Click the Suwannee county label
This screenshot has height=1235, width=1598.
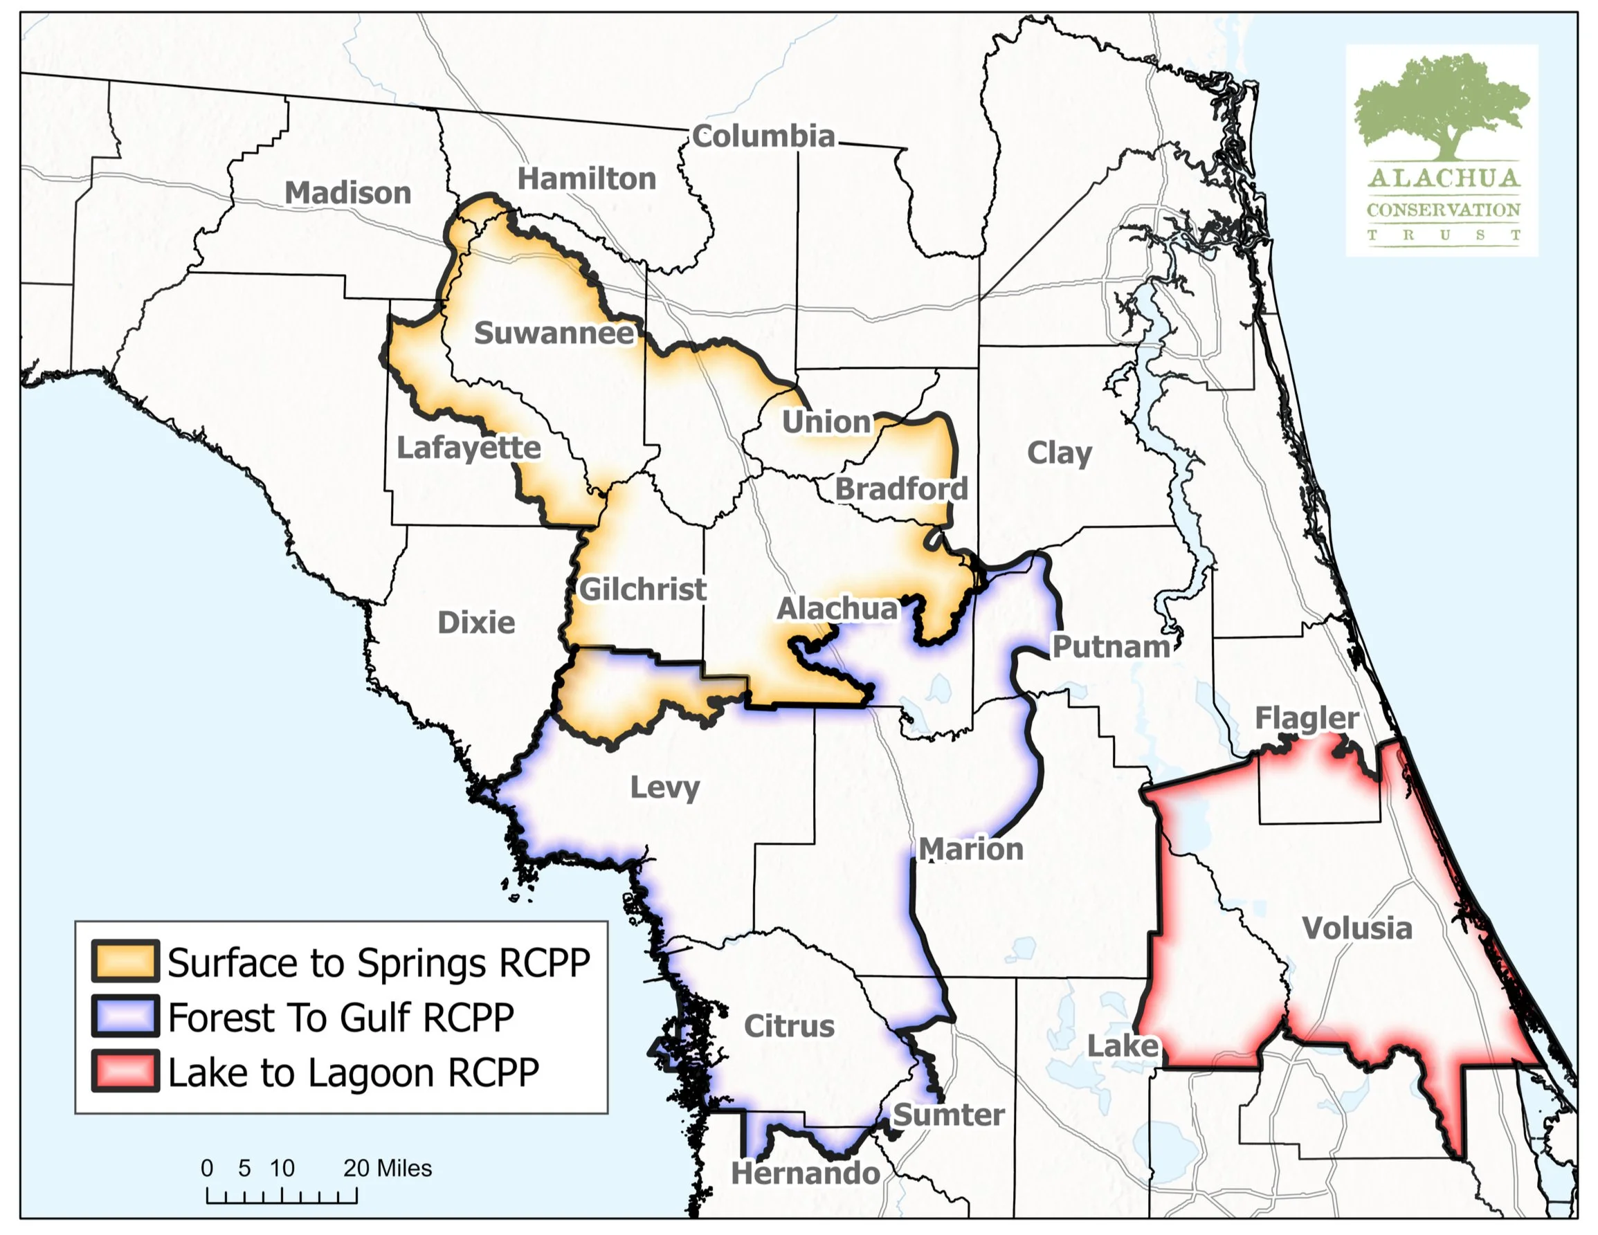tap(554, 333)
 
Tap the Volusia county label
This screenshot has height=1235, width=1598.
tap(1356, 928)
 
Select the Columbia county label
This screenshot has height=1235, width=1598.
tap(763, 136)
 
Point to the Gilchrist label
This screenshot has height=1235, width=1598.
tap(642, 589)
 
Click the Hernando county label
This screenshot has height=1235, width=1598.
tap(806, 1173)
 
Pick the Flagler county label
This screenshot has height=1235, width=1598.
tap(1307, 717)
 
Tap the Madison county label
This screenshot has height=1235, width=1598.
tap(347, 193)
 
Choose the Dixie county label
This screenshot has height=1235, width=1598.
tap(476, 623)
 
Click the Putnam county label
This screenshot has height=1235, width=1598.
tap(1111, 647)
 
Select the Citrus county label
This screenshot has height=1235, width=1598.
tap(789, 1026)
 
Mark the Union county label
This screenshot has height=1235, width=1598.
tap(827, 422)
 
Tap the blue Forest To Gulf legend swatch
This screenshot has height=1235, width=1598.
tap(125, 1016)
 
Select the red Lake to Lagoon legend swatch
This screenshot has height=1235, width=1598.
tap(125, 1072)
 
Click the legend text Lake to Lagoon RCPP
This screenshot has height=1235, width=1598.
tap(354, 1073)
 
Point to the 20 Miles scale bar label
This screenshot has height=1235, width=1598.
tap(387, 1168)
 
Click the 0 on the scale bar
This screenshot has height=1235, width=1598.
tap(207, 1168)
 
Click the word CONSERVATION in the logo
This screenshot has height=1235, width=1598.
tap(1443, 210)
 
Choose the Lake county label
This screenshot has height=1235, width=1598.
tap(1122, 1045)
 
